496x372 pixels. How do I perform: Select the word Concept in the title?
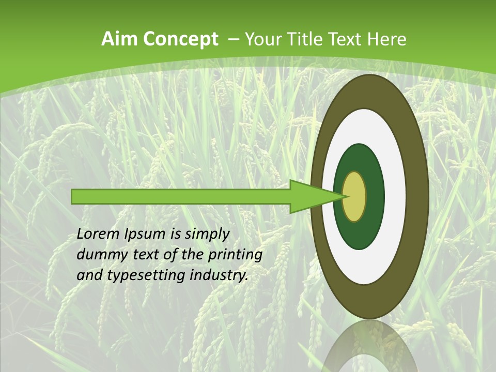pyautogui.click(x=180, y=39)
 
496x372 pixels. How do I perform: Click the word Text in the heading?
pyautogui.click(x=345, y=39)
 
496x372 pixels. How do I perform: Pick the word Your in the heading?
pyautogui.click(x=261, y=39)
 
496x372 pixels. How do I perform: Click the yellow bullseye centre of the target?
pyautogui.click(x=354, y=196)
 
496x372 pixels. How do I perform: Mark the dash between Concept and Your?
pyautogui.click(x=234, y=39)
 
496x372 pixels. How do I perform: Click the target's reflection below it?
pyautogui.click(x=369, y=346)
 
